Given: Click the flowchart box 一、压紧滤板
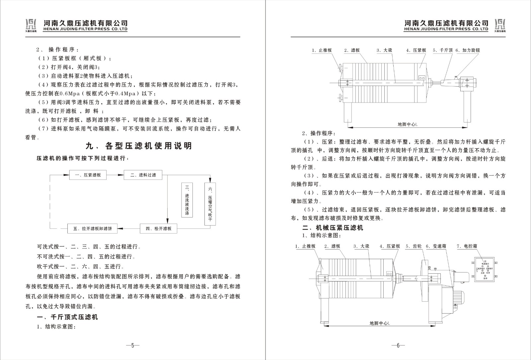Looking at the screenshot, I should coord(88,175).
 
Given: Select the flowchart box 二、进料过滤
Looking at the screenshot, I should coord(143,175).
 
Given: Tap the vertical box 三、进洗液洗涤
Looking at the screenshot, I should coord(187,200).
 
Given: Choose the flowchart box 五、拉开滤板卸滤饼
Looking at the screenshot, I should coord(93,229).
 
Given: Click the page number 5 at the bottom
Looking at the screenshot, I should coord(132,345).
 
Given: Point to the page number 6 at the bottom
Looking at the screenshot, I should coord(398,345).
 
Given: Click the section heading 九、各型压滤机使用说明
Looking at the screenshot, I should coord(139,146).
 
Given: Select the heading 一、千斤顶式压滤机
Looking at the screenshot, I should coord(67,317).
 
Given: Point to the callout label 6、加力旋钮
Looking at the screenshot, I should coord(468,50).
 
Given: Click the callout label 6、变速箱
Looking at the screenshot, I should coord(436,246).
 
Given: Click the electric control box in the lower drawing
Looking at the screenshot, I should coord(485,269).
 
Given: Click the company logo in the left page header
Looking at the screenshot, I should coord(31,25).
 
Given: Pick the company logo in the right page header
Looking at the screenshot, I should coord(499,25).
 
